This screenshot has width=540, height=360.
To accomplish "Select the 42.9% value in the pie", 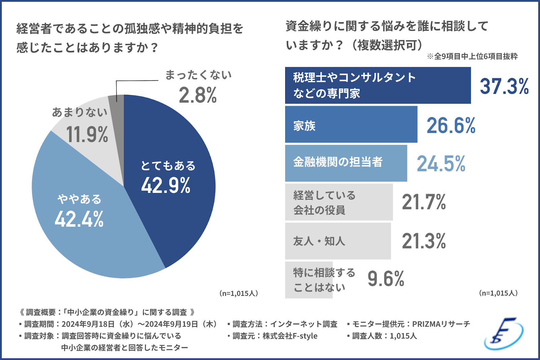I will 166,186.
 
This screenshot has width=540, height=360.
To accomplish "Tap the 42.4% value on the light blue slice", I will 79,219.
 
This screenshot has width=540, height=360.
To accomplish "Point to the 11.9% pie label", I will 87,134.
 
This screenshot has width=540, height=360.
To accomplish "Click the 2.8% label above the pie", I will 198,95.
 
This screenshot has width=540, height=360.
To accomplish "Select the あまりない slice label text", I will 80,112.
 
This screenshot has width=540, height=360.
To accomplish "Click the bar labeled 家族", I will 351,124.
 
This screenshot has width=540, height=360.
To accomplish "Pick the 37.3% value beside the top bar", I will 504,86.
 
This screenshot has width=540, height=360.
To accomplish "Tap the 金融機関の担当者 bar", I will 346,163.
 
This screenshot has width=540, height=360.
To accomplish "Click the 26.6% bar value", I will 451,126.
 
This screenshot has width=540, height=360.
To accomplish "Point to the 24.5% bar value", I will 441,164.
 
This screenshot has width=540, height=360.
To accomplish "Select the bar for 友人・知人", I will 338,241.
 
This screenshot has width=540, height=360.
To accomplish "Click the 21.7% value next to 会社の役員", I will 424,202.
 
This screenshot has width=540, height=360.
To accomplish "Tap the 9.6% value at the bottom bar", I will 386,279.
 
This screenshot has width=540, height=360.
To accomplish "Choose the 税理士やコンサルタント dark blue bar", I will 378,85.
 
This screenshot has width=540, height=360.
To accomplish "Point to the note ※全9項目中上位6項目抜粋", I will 472,56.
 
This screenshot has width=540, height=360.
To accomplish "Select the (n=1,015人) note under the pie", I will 239,294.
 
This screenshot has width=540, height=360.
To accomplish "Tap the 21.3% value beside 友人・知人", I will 424,241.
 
